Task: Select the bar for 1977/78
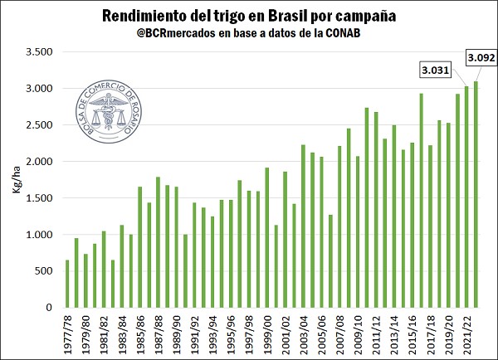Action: pyautogui.click(x=67, y=284)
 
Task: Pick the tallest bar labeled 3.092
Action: pyautogui.click(x=476, y=194)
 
